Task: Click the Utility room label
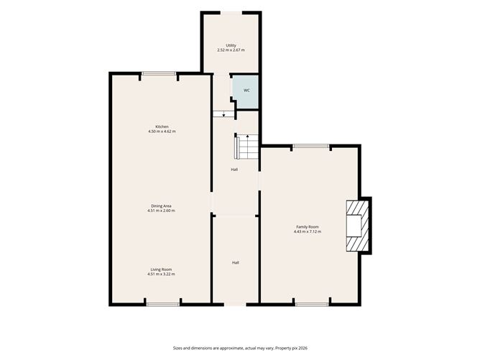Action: click(x=231, y=45)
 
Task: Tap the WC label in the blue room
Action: click(x=246, y=91)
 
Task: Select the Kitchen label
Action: click(x=162, y=126)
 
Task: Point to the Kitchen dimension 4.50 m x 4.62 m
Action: click(x=162, y=131)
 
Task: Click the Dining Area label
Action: click(x=162, y=206)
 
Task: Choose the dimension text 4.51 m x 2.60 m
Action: click(x=162, y=211)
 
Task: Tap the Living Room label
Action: click(x=162, y=269)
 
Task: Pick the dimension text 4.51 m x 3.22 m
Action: click(x=162, y=274)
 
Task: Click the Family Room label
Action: click(x=308, y=227)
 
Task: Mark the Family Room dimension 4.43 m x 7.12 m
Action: click(x=308, y=231)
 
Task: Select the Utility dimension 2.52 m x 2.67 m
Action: click(x=231, y=50)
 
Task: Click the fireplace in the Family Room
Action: click(x=358, y=226)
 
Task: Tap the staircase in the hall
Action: click(x=246, y=147)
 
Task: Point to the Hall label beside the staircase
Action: click(x=234, y=170)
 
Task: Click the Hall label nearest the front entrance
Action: click(x=236, y=263)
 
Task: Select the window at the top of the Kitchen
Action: click(x=159, y=73)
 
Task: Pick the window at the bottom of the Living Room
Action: click(x=163, y=304)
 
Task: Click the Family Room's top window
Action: click(x=310, y=146)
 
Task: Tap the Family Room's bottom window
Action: click(x=313, y=304)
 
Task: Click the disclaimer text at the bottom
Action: click(x=240, y=348)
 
